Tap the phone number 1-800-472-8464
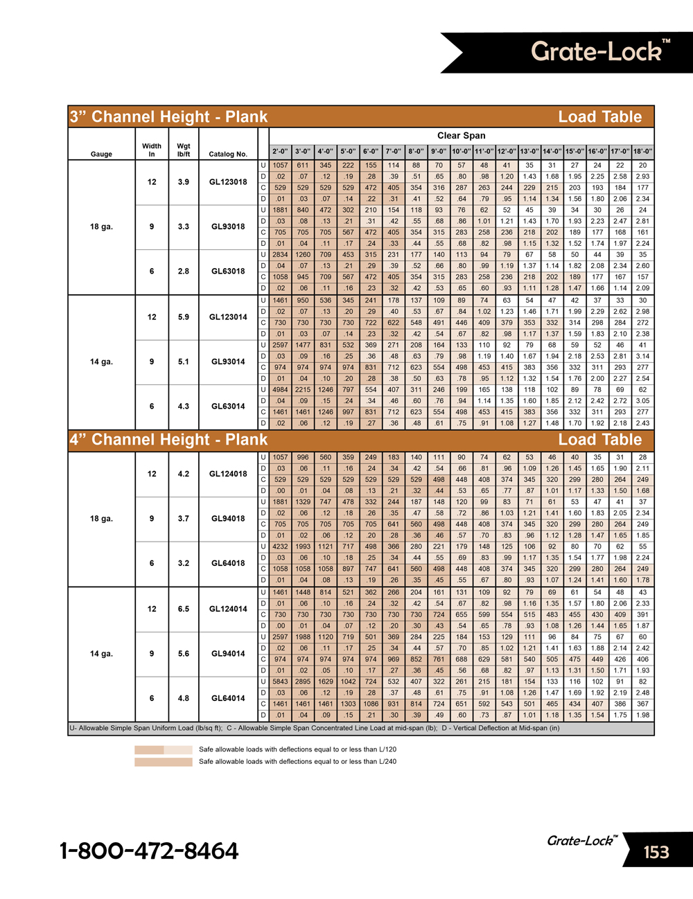click(149, 851)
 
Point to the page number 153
click(656, 851)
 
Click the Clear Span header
click(461, 136)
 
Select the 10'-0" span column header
click(462, 151)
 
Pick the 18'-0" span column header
click(642, 151)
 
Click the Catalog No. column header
click(228, 154)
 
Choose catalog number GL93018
click(228, 226)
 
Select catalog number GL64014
click(228, 698)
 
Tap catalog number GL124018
click(228, 474)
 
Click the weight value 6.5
click(183, 609)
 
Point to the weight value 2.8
click(183, 271)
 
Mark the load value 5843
click(280, 682)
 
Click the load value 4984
click(280, 389)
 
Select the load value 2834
click(280, 254)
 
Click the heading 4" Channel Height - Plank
click(168, 440)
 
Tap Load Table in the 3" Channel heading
click(600, 117)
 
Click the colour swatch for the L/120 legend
click(163, 749)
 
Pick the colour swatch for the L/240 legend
click(163, 762)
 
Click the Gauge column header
click(101, 154)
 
